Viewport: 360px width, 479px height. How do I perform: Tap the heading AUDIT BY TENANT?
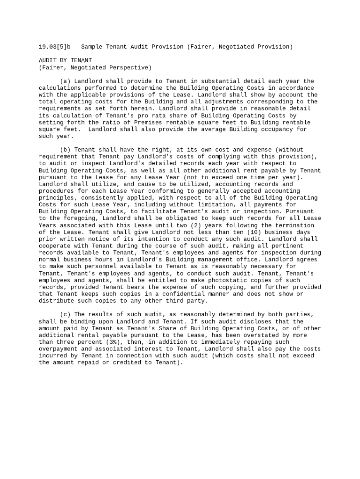pyautogui.click(x=65, y=60)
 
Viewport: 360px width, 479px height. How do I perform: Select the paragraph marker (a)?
pyautogui.click(x=65, y=81)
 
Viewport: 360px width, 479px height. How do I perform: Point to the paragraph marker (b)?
pyautogui.click(x=65, y=150)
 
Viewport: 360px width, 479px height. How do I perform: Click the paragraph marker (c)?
pyautogui.click(x=65, y=315)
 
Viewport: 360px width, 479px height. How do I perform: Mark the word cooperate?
pyautogui.click(x=55, y=246)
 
